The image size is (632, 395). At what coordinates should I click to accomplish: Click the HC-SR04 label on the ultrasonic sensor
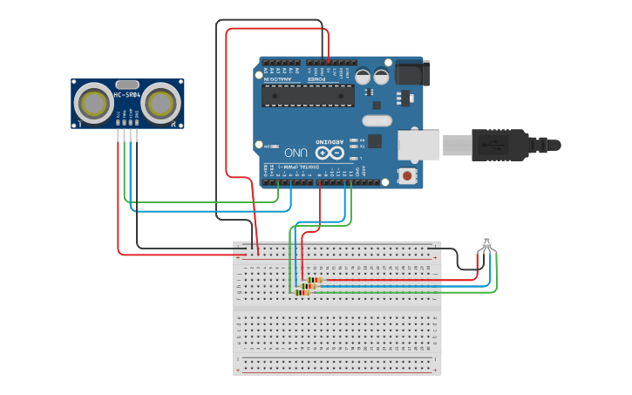(126, 95)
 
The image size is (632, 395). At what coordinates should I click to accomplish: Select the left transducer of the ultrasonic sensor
(92, 104)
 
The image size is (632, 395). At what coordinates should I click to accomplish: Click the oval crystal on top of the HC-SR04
(126, 84)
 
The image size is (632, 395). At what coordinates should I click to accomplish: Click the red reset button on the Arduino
(406, 175)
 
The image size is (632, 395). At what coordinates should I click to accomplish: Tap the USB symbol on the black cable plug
(495, 145)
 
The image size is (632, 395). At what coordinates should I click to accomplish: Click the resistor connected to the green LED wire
(302, 292)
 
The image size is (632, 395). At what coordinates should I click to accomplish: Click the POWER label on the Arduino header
(316, 78)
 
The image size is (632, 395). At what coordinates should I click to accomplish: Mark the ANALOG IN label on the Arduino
(279, 78)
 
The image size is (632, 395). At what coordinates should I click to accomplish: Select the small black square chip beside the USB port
(375, 140)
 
